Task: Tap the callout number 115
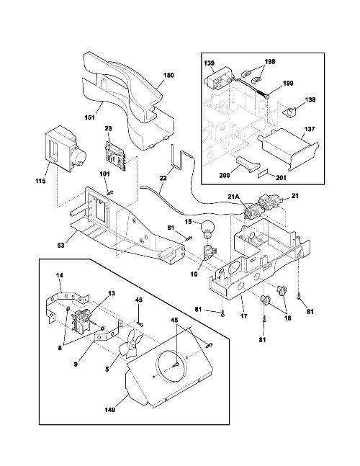(40, 181)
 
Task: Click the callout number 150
(168, 75)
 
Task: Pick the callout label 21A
(233, 196)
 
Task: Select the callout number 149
(109, 410)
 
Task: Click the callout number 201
(281, 177)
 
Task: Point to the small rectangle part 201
(263, 174)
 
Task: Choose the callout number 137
(309, 129)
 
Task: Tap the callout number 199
(288, 83)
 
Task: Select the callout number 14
(60, 275)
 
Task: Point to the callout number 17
(243, 316)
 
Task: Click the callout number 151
(89, 117)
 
